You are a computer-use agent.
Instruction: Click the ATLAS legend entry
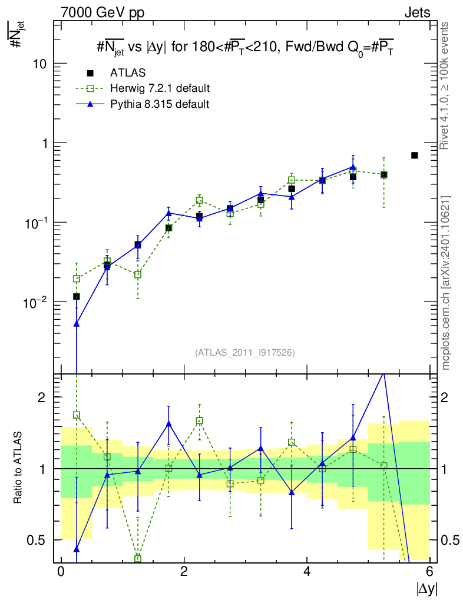(128, 73)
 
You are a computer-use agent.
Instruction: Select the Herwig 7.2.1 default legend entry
(160, 88)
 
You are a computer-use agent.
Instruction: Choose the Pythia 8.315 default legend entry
(159, 104)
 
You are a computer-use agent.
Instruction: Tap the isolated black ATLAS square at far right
(414, 155)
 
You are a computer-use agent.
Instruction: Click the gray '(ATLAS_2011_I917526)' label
(245, 353)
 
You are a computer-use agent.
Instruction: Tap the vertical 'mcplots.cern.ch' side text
(447, 283)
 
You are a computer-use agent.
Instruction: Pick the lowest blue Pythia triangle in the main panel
(76, 324)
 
